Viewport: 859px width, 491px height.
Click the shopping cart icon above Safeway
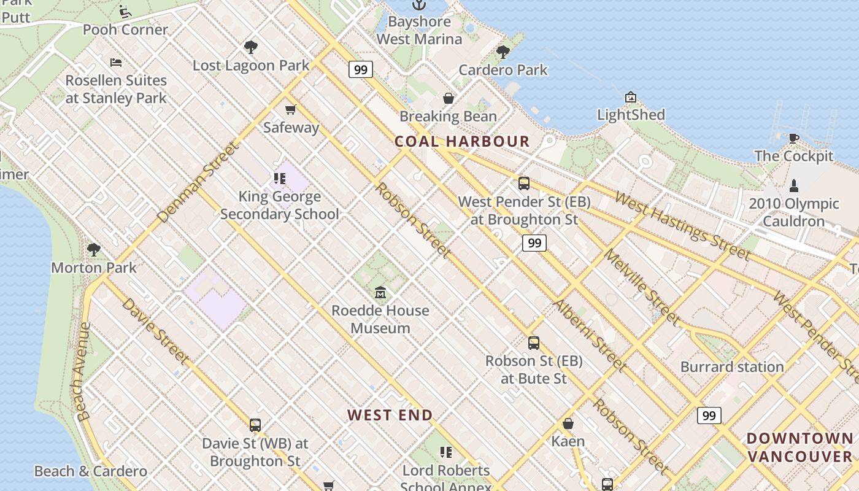[290, 110]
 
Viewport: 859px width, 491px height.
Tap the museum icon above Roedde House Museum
[380, 292]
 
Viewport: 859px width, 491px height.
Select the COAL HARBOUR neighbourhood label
[462, 142]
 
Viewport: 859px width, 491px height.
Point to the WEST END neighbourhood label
[390, 416]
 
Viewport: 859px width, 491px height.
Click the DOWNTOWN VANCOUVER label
[800, 447]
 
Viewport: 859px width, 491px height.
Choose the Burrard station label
[732, 367]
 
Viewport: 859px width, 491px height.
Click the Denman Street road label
[198, 182]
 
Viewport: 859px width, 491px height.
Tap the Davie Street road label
[156, 331]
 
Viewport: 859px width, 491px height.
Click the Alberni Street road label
[590, 335]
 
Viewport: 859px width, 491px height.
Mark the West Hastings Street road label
[682, 225]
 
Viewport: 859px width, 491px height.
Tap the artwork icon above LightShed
[631, 97]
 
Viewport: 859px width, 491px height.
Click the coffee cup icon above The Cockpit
[794, 138]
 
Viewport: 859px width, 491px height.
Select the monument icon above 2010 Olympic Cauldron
[794, 185]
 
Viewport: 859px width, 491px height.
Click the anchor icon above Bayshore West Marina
[419, 5]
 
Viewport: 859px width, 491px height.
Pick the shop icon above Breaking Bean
[449, 98]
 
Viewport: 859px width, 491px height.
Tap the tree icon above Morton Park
[94, 249]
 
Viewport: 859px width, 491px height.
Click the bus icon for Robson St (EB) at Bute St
[534, 343]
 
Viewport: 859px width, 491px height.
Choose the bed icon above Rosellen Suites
[116, 62]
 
